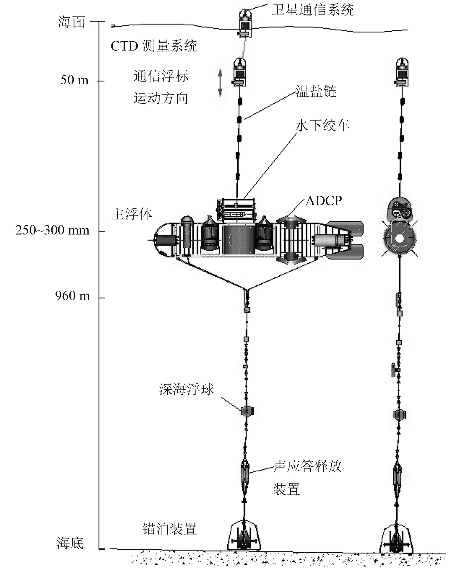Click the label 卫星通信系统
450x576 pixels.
tap(312, 10)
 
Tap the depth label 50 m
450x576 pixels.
tap(75, 80)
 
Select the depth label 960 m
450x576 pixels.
tap(72, 296)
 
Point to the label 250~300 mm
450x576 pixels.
tap(52, 230)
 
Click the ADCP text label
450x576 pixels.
tap(324, 201)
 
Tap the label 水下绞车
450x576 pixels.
tap(322, 125)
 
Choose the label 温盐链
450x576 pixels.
tap(316, 91)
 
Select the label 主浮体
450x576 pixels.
tap(132, 214)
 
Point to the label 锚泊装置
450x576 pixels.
tap(170, 529)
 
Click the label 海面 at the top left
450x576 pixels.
tap(71, 22)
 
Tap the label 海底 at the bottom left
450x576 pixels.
tap(70, 543)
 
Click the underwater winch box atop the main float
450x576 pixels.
tap(236, 210)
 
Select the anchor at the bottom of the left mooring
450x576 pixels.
tap(244, 537)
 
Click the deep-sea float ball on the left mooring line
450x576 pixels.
tap(247, 411)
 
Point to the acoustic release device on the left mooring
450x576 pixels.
tap(245, 473)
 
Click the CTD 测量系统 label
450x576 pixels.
tap(154, 46)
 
